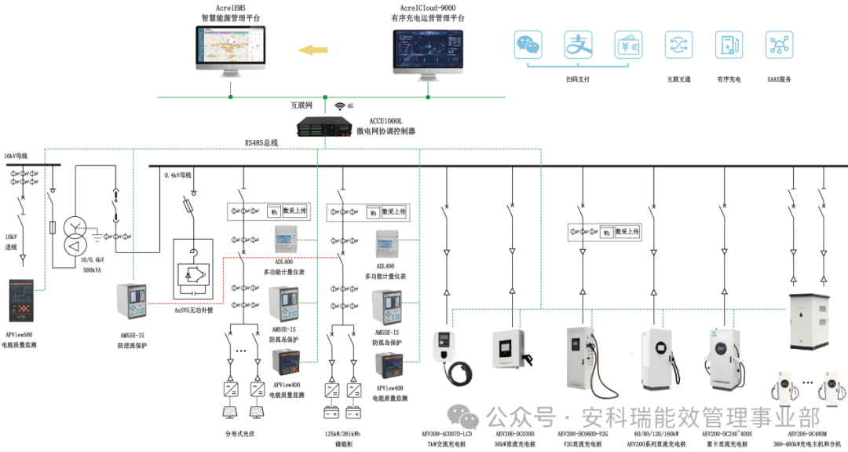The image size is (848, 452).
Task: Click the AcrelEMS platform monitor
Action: point(230,50)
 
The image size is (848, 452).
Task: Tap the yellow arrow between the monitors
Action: point(314,51)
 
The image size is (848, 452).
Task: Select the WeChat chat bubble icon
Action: point(528,45)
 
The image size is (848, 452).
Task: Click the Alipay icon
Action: point(578,45)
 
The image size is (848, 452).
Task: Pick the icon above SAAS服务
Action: point(779,45)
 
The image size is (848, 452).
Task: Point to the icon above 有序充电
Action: point(729,45)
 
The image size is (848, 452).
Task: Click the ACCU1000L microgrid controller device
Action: point(324,127)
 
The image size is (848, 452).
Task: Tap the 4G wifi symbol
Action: point(340,105)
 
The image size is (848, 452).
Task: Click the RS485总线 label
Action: point(259,143)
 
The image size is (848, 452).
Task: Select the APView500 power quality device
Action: point(21,301)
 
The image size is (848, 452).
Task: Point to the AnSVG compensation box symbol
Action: point(192,273)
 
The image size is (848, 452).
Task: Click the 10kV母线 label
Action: point(16,156)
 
